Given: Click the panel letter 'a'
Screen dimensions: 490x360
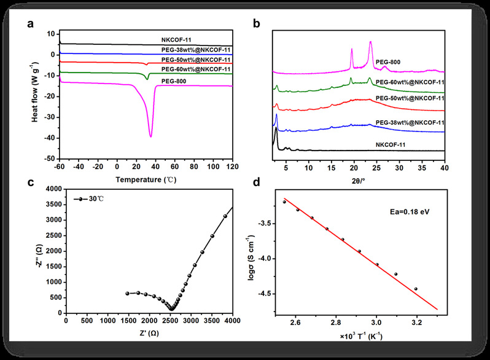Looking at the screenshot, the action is (x=30, y=24).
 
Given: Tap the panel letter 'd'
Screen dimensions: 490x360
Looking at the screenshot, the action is (x=256, y=182).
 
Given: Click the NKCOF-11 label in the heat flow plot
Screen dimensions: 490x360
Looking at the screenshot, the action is (x=176, y=40).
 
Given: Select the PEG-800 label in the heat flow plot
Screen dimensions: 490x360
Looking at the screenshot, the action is (x=174, y=81).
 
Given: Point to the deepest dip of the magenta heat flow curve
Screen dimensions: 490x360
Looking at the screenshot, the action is (x=151, y=136).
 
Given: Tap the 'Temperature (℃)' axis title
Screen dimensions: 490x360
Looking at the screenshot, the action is (x=146, y=180).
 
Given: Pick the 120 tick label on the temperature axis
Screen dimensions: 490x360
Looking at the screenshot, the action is (x=233, y=166).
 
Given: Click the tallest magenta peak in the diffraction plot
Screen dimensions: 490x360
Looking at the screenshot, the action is (x=371, y=42).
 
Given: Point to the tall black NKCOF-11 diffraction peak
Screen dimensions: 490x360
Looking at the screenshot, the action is (x=276, y=128).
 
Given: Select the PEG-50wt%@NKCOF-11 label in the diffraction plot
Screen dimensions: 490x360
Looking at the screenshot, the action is (x=410, y=98).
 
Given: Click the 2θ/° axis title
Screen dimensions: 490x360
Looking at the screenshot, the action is (x=358, y=181).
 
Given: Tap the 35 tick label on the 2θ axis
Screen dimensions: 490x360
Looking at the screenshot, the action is (x=422, y=168).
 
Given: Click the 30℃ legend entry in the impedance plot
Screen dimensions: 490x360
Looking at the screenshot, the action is (x=89, y=199).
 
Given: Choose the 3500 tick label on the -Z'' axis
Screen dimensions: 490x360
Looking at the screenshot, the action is (x=54, y=205).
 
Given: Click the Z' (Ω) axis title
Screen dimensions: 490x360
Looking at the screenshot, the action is (x=149, y=334).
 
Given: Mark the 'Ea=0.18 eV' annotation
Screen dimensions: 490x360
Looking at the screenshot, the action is (x=410, y=212).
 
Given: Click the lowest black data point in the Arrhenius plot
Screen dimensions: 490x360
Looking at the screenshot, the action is (x=416, y=289).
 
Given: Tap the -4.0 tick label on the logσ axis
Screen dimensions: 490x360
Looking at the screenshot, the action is (x=265, y=259).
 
